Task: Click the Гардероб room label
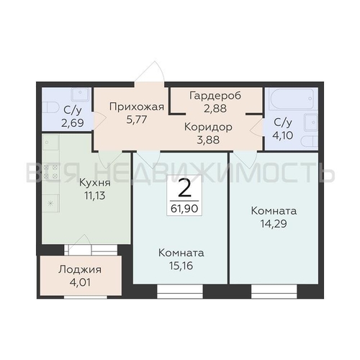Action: click(x=215, y=96)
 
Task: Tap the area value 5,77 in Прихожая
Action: click(x=137, y=120)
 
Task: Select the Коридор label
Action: click(x=208, y=127)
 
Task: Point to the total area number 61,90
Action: click(x=184, y=208)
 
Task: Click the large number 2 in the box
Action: click(x=185, y=188)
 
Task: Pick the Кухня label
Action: click(x=95, y=183)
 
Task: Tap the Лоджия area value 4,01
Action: click(x=80, y=282)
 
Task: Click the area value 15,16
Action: click(x=181, y=266)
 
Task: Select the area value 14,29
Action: click(x=274, y=224)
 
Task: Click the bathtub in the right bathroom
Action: click(x=292, y=99)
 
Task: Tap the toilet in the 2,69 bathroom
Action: click(x=50, y=107)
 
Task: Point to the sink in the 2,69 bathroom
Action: click(x=80, y=95)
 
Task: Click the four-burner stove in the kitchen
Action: click(x=50, y=172)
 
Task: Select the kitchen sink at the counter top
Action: click(x=50, y=143)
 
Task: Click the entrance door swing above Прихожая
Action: click(x=150, y=72)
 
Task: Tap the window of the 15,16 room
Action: click(x=180, y=292)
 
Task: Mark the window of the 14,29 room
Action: click(x=274, y=292)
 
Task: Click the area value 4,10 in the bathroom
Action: click(x=283, y=135)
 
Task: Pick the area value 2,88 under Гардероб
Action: click(x=215, y=108)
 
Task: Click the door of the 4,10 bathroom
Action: click(x=256, y=131)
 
